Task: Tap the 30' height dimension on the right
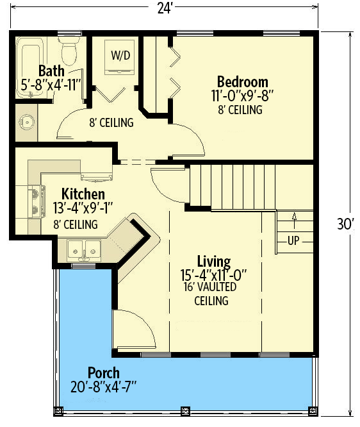pyautogui.click(x=346, y=224)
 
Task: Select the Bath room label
pyautogui.click(x=51, y=71)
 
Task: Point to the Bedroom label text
pyautogui.click(x=242, y=82)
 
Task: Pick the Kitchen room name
pyautogui.click(x=83, y=194)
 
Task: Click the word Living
pyautogui.click(x=213, y=262)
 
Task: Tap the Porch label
pyautogui.click(x=103, y=373)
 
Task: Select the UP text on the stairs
pyautogui.click(x=294, y=242)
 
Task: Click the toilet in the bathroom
pyautogui.click(x=69, y=47)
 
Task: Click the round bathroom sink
pyautogui.click(x=26, y=121)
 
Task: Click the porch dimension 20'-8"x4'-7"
pyautogui.click(x=103, y=387)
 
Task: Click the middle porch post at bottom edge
pyautogui.click(x=185, y=410)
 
